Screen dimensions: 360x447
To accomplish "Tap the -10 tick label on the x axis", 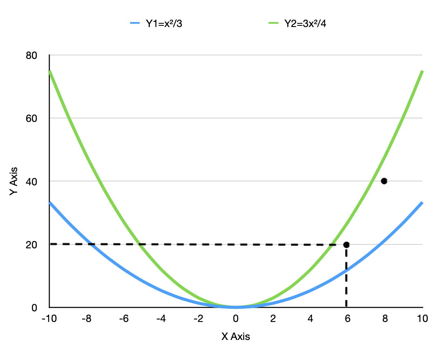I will coord(49,319).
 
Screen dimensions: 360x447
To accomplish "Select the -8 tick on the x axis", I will coord(86,319).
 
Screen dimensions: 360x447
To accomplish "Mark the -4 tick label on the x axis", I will coord(161,319).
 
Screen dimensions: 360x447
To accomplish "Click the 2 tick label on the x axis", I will coord(273,319).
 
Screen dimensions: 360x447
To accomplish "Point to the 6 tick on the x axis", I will coord(348,319).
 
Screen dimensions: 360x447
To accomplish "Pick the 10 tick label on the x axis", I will coord(422,319).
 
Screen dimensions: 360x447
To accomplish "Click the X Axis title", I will coord(235,337).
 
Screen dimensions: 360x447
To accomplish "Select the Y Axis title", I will coord(14,181).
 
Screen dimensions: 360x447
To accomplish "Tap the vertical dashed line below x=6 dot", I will coord(346,278).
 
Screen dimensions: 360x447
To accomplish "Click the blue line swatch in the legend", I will coord(135,24).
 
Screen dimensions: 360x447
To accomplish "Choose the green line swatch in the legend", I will coord(273,24).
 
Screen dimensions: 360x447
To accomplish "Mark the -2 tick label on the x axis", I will coord(198,319).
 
